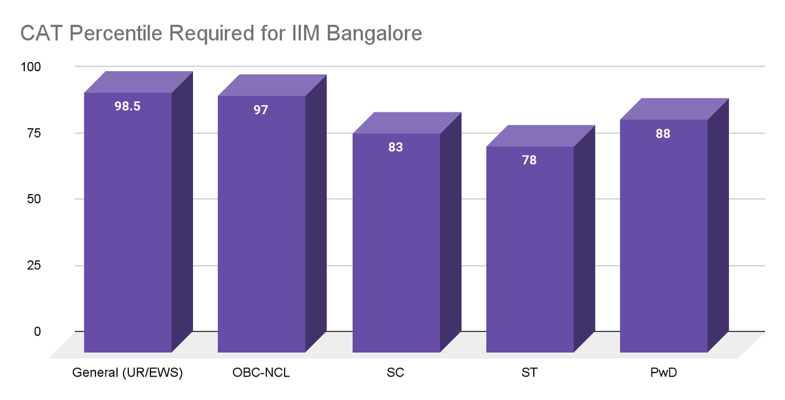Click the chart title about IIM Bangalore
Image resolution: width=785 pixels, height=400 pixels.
(220, 33)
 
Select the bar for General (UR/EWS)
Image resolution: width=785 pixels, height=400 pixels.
(128, 222)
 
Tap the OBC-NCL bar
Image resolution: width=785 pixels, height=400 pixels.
(262, 225)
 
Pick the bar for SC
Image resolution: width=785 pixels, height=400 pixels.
(396, 242)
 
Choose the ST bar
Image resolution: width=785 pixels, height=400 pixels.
(529, 248)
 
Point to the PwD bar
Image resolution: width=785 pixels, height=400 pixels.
(663, 235)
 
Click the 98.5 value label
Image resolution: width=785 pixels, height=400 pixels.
(128, 106)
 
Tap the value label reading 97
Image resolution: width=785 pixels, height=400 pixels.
(261, 110)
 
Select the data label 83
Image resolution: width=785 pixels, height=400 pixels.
(395, 147)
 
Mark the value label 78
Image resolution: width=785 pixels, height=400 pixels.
(529, 160)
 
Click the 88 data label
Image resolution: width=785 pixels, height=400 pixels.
(663, 133)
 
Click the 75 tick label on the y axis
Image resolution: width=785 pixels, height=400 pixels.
(33, 133)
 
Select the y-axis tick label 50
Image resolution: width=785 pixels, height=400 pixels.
(33, 199)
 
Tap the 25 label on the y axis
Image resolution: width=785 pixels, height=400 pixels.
(33, 265)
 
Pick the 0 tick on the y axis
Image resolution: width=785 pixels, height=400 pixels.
(37, 331)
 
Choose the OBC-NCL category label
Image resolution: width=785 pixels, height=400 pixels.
(261, 374)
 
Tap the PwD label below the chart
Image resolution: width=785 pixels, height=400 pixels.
(663, 374)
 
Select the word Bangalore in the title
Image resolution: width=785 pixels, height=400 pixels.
(369, 33)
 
